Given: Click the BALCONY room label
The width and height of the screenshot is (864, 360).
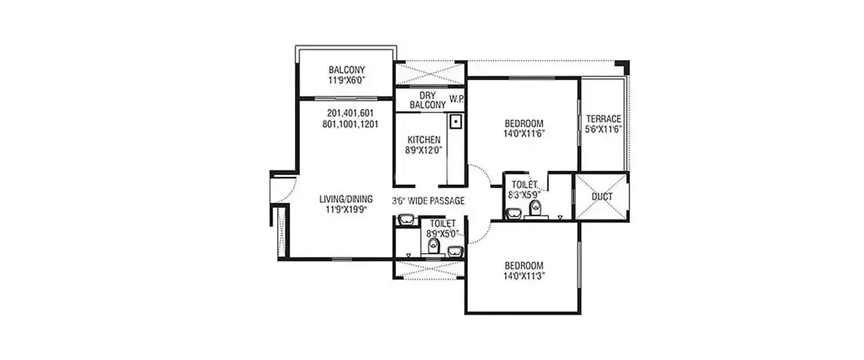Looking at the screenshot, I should [347, 70].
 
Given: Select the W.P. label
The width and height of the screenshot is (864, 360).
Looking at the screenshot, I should [457, 99].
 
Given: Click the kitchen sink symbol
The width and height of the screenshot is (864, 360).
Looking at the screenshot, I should [455, 122].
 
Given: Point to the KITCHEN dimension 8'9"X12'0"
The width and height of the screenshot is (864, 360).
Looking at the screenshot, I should [424, 151].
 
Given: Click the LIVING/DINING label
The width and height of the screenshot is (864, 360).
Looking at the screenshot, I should [346, 199].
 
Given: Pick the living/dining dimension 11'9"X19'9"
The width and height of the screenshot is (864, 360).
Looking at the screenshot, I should [346, 210].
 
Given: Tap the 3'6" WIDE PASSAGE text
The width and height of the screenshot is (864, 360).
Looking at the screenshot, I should [429, 200].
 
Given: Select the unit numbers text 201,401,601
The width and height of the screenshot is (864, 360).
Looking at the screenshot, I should [350, 113].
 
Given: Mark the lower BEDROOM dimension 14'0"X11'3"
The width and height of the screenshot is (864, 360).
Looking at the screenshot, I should [524, 276].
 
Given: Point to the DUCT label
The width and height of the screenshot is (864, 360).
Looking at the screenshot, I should [602, 197].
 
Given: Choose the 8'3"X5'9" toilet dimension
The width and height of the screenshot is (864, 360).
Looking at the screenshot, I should [524, 195].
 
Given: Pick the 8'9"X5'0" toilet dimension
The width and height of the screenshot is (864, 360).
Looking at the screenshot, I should [442, 234].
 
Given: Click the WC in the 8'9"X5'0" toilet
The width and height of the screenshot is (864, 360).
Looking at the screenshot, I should [433, 247].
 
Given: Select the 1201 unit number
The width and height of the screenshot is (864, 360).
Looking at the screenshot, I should [366, 123].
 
